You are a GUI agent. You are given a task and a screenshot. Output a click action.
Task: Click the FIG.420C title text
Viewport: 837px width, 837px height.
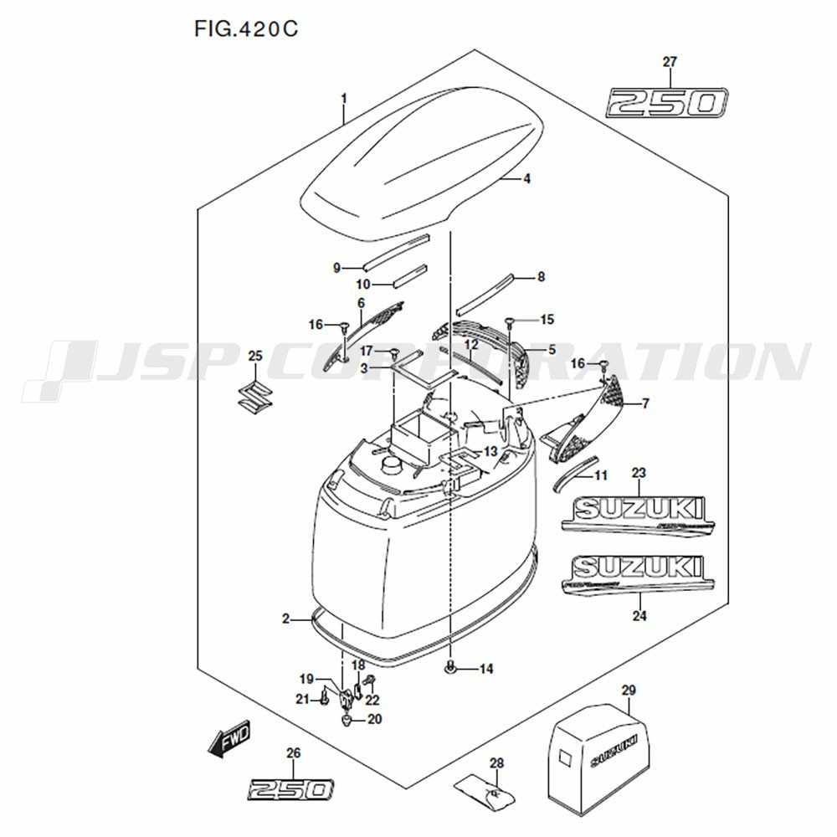click(x=246, y=29)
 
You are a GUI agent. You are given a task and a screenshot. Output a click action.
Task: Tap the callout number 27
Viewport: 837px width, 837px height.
click(x=670, y=62)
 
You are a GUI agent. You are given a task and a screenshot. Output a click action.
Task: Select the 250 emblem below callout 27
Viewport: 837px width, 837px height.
click(x=667, y=103)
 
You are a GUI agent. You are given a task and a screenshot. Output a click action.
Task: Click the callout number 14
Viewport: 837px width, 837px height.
click(x=486, y=669)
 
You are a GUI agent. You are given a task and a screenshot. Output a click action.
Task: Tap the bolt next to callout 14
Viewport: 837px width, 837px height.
click(x=451, y=667)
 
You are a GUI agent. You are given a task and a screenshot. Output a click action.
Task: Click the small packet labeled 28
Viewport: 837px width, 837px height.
click(x=487, y=789)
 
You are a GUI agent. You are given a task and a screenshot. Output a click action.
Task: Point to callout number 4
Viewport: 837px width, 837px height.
click(x=527, y=178)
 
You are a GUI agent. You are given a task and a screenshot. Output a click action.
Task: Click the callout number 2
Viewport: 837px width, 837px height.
click(x=285, y=619)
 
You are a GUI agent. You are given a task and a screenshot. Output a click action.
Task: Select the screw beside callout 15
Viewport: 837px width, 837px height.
click(x=510, y=321)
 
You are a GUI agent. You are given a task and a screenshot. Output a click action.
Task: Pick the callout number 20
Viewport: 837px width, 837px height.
click(x=374, y=719)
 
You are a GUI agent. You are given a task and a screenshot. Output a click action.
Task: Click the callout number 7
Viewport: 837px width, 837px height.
click(x=644, y=404)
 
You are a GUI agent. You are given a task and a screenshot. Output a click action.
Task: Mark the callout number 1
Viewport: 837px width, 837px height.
click(x=343, y=99)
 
